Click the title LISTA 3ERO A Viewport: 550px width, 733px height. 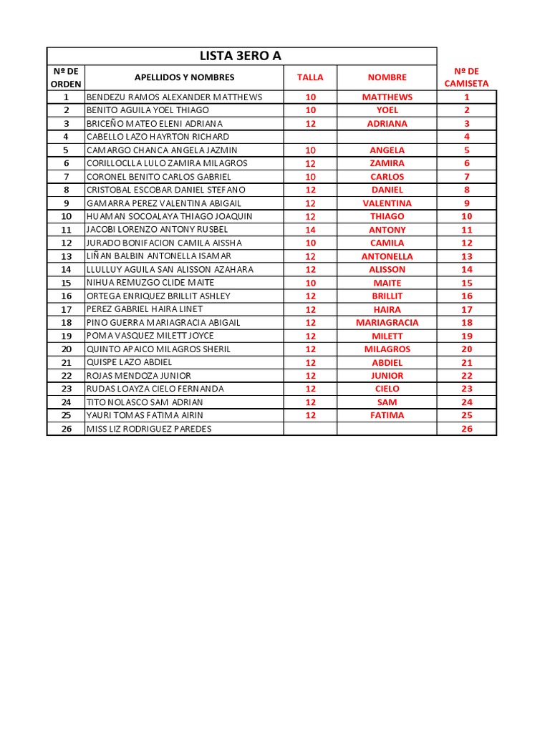click(x=241, y=56)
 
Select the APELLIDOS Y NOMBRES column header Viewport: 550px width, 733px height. click(x=184, y=77)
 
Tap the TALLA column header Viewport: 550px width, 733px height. click(x=310, y=77)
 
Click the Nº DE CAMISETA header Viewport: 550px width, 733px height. click(x=466, y=77)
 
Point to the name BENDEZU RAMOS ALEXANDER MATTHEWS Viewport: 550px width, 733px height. click(x=174, y=97)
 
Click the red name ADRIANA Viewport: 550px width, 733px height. click(x=387, y=124)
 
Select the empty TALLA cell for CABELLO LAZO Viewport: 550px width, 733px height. click(x=310, y=137)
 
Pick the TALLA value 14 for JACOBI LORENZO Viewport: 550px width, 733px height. click(x=310, y=230)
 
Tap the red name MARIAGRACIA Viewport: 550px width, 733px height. click(x=387, y=323)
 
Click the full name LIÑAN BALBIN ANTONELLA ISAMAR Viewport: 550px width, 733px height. click(x=169, y=256)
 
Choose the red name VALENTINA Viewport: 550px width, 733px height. click(x=387, y=203)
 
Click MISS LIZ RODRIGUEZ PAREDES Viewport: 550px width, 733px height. click(x=149, y=429)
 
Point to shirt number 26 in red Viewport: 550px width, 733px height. click(x=467, y=429)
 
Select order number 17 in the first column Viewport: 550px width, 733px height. click(x=67, y=309)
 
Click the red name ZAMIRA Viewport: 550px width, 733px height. click(x=387, y=163)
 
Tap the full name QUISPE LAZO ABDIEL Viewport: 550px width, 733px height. click(x=130, y=362)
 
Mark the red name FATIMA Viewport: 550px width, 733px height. click(x=387, y=415)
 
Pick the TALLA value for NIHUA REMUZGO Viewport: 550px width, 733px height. click(x=310, y=283)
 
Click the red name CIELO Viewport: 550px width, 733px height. click(x=387, y=389)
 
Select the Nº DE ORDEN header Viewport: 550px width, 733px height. click(x=67, y=77)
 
